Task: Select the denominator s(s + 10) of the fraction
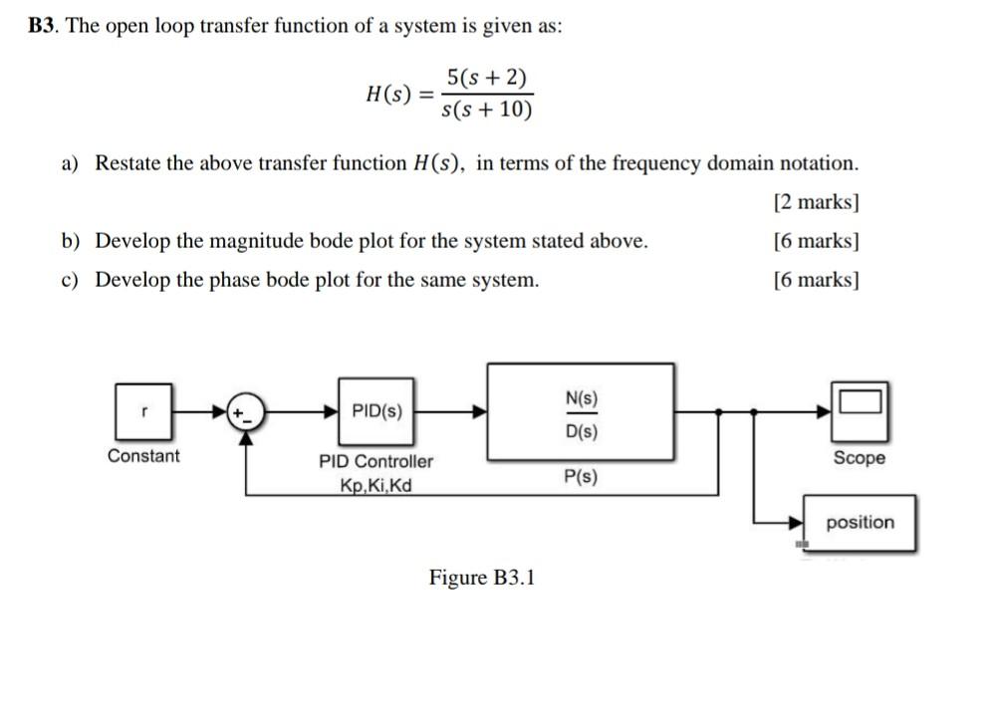(x=487, y=109)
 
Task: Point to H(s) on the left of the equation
(x=390, y=95)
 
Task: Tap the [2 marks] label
(x=816, y=202)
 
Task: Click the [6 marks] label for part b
(x=816, y=241)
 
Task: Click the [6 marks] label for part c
(x=816, y=280)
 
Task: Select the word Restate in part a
(x=127, y=163)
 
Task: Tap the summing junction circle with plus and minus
(x=245, y=410)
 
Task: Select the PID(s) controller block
(x=377, y=410)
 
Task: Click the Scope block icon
(x=859, y=408)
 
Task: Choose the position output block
(x=860, y=522)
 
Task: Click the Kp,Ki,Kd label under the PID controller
(x=375, y=486)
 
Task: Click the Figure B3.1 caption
(x=482, y=578)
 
